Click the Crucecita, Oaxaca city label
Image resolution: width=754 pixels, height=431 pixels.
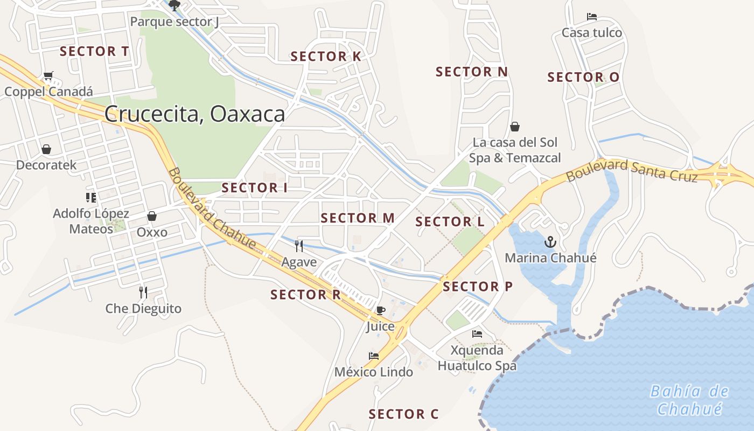[x=194, y=114]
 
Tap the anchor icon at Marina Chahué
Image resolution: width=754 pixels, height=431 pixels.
[x=550, y=242]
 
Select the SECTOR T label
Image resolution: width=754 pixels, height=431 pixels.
[x=94, y=52]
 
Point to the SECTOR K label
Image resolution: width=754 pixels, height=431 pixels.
[x=326, y=57]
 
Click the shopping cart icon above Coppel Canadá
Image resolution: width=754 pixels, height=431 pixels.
[x=48, y=76]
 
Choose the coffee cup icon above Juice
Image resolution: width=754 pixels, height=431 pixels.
[x=380, y=310]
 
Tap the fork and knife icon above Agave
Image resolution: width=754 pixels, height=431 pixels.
[x=299, y=246]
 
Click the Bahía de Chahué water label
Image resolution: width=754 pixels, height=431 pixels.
[x=689, y=400]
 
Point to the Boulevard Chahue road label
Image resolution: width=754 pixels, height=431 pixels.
[x=212, y=209]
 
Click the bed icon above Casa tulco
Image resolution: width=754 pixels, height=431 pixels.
[x=591, y=17]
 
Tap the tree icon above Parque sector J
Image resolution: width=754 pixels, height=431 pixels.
[x=174, y=6]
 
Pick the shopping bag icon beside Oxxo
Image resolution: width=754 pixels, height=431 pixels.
[x=152, y=216]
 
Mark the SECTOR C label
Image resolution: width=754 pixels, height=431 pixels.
[x=403, y=414]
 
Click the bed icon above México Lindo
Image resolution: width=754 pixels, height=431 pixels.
[x=373, y=356]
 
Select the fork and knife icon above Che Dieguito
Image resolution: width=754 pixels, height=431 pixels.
[x=143, y=293]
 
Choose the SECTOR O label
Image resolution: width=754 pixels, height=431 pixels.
[x=583, y=78]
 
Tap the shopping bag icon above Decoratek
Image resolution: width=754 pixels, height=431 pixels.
[x=46, y=149]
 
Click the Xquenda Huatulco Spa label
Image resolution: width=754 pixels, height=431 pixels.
[x=477, y=358]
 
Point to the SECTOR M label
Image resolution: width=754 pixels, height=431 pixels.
[x=358, y=218]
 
